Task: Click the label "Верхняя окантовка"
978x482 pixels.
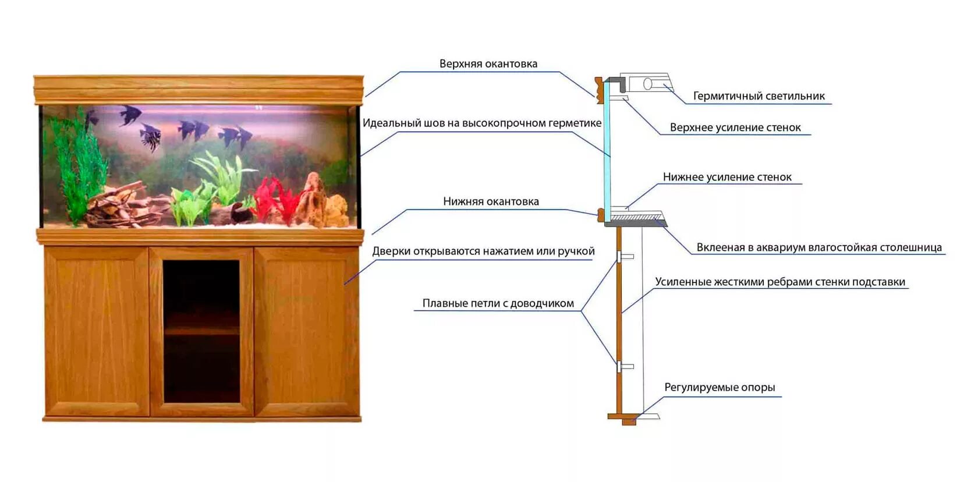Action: pos(488,64)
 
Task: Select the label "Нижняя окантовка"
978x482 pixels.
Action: pos(491,201)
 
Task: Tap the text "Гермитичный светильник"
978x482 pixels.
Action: pos(759,96)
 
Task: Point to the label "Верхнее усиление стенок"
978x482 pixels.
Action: pos(735,127)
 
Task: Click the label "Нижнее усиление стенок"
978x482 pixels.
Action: pos(727,177)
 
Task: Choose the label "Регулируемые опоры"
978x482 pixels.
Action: pos(720,388)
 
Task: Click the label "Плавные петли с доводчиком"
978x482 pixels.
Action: pos(498,303)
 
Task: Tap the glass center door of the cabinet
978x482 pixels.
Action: pos(201,331)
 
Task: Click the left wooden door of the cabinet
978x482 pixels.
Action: pos(97,331)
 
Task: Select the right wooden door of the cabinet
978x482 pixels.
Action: pos(307,331)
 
